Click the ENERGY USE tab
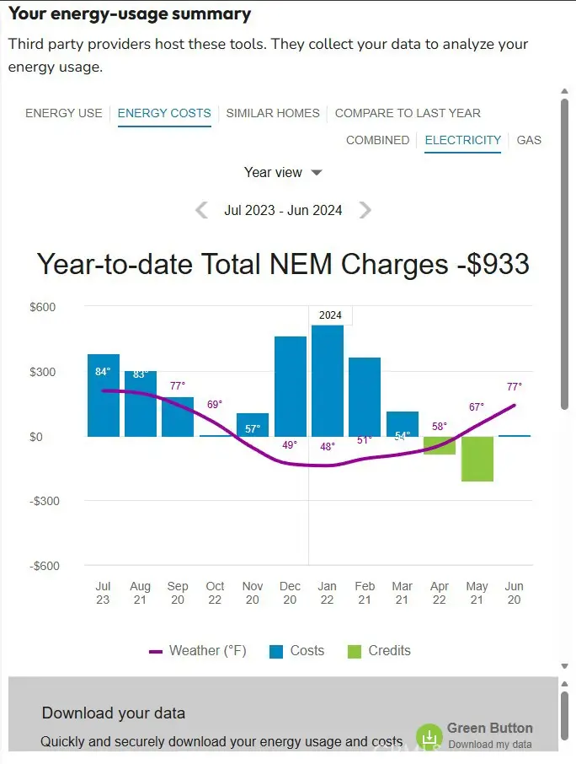[64, 113]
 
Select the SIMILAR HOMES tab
[273, 113]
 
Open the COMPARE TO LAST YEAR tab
[408, 113]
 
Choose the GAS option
[529, 140]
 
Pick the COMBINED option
[377, 140]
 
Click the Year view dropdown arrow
[317, 173]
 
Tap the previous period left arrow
[201, 210]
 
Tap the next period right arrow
[365, 210]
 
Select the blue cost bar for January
[328, 379]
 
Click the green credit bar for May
[477, 459]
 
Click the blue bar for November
[253, 424]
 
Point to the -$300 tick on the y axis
[43, 501]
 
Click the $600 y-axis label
[43, 307]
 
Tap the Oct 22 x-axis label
[216, 593]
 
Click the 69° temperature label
[215, 405]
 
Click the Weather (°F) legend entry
[198, 651]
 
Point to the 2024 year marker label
[330, 315]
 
